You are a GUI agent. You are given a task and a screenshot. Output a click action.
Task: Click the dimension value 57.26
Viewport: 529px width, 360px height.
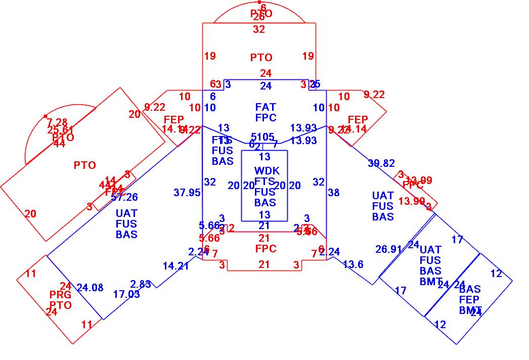click(125, 197)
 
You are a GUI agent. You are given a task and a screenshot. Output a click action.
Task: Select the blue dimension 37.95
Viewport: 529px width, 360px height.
click(187, 193)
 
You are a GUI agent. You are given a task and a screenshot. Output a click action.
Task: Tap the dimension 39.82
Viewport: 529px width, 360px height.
click(381, 163)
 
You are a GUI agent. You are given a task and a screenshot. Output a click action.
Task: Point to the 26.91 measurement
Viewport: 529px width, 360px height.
click(388, 249)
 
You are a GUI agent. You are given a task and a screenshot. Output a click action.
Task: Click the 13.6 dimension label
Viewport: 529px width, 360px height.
click(353, 264)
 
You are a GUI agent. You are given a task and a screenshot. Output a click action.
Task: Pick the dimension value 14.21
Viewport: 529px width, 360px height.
click(175, 266)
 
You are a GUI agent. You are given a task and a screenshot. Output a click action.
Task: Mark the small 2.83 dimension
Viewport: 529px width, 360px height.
click(141, 284)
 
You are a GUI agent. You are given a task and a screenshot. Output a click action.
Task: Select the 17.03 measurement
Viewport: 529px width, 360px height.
click(126, 294)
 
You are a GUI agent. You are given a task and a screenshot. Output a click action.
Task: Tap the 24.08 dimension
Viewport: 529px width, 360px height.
click(90, 288)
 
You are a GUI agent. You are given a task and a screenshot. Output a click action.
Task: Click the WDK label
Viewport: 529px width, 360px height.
click(266, 171)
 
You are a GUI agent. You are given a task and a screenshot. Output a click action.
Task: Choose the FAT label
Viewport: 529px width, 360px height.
click(266, 107)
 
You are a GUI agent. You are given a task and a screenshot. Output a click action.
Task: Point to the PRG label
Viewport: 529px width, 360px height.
click(61, 295)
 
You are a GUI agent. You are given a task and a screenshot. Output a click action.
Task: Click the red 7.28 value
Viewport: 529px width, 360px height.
click(57, 122)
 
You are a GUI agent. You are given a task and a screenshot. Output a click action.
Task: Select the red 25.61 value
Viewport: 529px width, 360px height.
click(61, 130)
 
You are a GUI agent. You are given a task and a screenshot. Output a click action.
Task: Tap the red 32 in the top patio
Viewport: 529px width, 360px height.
click(259, 30)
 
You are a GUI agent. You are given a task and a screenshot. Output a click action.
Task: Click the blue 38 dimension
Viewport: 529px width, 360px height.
click(334, 193)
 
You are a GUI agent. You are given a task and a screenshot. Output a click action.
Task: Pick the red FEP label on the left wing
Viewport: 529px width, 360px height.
click(174, 120)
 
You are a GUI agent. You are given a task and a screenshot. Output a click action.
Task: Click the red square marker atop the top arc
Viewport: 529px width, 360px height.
click(259, 3)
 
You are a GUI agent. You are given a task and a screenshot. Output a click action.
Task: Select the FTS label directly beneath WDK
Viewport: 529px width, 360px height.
click(265, 182)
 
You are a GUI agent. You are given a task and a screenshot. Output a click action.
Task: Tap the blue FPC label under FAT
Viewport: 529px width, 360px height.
click(266, 118)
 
